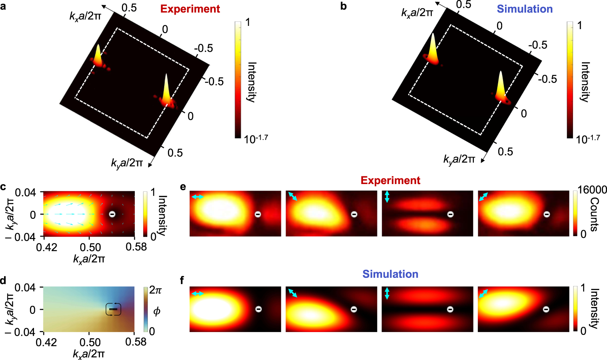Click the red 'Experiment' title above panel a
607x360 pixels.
click(x=190, y=9)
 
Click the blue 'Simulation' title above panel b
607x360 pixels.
click(x=524, y=9)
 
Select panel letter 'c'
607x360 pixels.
click(x=3, y=187)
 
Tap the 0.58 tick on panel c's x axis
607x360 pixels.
click(x=136, y=247)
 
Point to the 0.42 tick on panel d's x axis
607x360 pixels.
click(x=46, y=342)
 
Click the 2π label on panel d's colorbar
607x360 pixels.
click(x=155, y=290)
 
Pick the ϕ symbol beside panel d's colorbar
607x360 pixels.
click(x=156, y=311)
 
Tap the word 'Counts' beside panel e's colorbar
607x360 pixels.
click(x=594, y=214)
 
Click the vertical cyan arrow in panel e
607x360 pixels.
click(x=387, y=197)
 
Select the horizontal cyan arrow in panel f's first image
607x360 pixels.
click(x=197, y=293)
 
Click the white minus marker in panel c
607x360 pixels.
click(x=112, y=214)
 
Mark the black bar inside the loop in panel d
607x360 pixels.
click(x=113, y=309)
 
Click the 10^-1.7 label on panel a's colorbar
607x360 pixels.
click(x=256, y=139)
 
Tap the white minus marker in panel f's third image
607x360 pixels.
click(x=450, y=309)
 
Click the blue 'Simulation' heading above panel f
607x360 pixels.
click(x=390, y=274)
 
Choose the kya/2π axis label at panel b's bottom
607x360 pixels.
click(x=459, y=159)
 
